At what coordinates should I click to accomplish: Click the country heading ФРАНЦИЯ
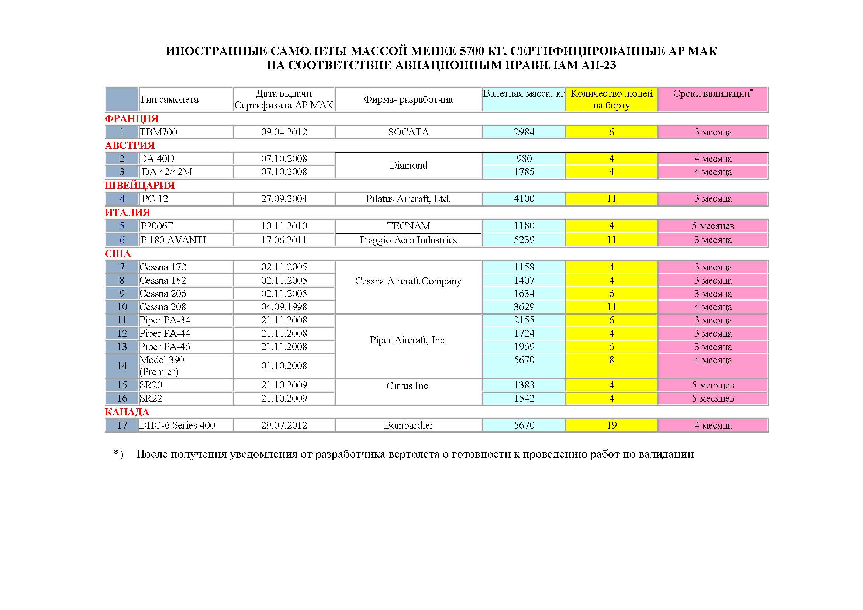[132, 119]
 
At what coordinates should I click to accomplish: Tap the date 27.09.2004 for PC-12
[284, 199]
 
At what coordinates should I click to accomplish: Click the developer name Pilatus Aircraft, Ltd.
[408, 199]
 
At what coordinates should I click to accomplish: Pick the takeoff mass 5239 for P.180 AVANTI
[524, 240]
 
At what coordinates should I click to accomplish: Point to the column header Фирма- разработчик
[408, 100]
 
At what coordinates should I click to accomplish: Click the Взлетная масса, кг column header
[524, 94]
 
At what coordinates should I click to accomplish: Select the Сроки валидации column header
[712, 94]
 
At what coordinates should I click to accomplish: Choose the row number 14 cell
[122, 366]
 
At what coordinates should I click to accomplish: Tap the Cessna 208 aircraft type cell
[163, 307]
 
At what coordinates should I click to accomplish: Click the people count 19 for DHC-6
[611, 425]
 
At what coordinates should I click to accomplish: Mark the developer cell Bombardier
[408, 425]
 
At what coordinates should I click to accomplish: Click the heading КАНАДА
[127, 412]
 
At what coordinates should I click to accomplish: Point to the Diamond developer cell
[408, 165]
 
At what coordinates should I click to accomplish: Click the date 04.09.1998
[284, 307]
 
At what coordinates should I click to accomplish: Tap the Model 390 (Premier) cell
[162, 366]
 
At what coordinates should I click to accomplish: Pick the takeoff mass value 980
[524, 159]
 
